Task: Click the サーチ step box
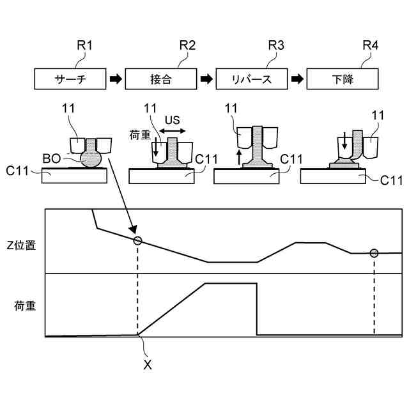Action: point(70,80)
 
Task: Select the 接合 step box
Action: point(160,80)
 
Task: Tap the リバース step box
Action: point(252,80)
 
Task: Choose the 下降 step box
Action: point(343,80)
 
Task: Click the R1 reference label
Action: point(84,46)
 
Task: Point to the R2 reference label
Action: point(187,46)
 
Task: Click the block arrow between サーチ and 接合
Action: point(115,80)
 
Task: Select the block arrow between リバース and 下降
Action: point(297,80)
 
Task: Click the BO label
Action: point(52,157)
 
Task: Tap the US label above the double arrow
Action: point(173,120)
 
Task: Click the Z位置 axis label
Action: point(20,245)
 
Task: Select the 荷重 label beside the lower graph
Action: point(24,305)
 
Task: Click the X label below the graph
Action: point(148,365)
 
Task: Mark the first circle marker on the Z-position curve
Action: point(137,240)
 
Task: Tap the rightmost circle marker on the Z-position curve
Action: point(374,253)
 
